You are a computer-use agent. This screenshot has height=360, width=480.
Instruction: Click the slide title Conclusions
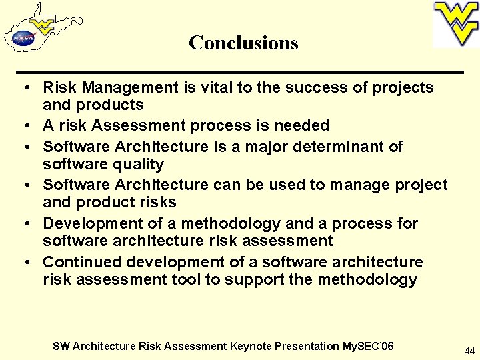click(x=243, y=43)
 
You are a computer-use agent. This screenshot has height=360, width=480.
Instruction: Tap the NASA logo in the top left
click(x=22, y=39)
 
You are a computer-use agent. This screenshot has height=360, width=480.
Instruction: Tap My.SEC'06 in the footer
click(x=368, y=346)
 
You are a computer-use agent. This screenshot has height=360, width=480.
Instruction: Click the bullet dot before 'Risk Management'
click(x=23, y=88)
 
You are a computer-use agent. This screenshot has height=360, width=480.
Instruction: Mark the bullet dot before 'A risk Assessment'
click(x=23, y=126)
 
